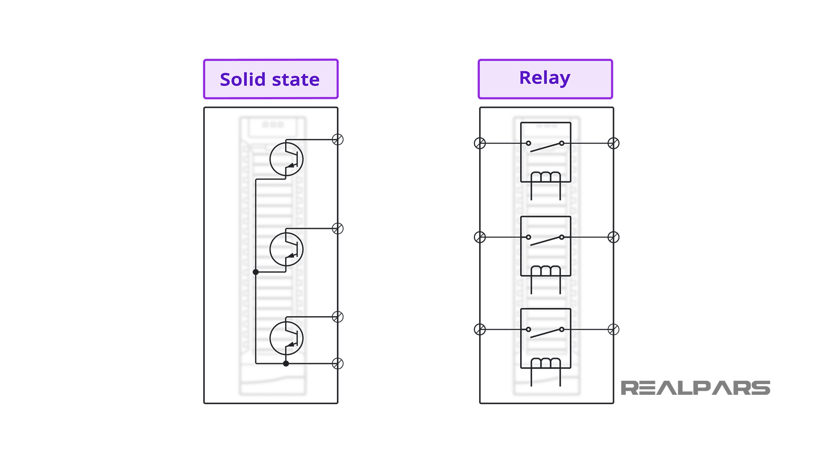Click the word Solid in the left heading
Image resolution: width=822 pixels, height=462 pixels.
click(243, 80)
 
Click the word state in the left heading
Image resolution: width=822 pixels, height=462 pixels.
click(295, 80)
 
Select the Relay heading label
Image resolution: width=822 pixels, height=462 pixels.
click(545, 78)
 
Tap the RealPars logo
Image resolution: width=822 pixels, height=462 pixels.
click(695, 388)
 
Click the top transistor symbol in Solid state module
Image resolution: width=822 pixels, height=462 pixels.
click(286, 159)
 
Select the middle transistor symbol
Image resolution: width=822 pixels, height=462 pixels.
click(286, 249)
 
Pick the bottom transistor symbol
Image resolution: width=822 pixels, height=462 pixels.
click(286, 338)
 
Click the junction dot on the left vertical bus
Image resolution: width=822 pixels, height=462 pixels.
click(256, 272)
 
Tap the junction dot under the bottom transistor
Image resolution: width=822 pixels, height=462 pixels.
click(286, 364)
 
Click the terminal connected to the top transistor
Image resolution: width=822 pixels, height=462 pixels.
click(338, 139)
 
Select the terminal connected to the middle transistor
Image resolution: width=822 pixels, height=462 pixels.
click(338, 228)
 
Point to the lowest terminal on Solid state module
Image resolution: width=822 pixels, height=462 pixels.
click(338, 364)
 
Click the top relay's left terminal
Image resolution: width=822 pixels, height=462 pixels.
click(480, 143)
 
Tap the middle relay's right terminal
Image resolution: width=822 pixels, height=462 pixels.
click(614, 237)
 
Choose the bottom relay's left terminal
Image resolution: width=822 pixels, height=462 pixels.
click(480, 329)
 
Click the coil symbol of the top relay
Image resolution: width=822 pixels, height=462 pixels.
click(545, 178)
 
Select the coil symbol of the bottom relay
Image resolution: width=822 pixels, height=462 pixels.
click(545, 364)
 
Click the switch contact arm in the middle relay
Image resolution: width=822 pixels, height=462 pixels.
click(545, 241)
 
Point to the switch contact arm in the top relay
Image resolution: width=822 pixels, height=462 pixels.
click(545, 147)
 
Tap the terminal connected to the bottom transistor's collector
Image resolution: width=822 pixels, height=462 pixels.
click(338, 317)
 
